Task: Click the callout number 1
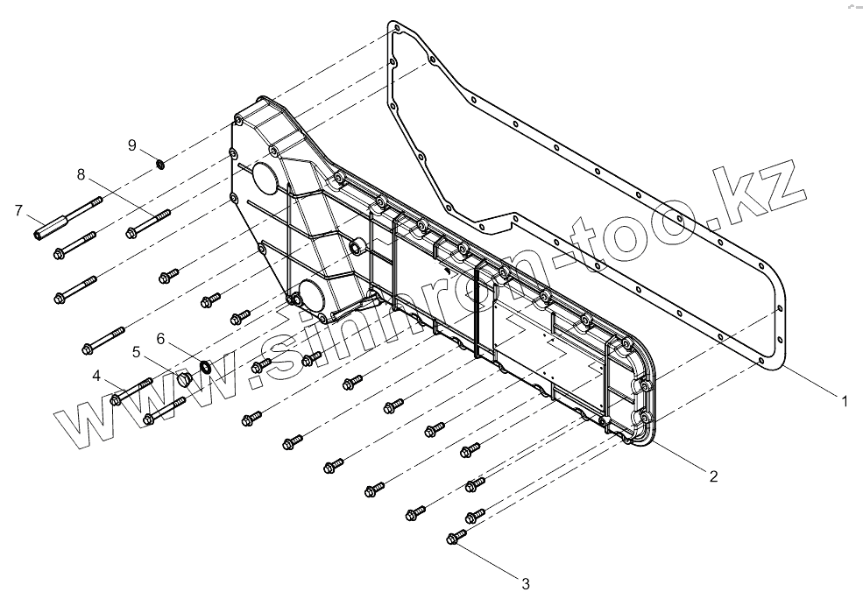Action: click(x=844, y=401)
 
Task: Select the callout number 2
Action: click(x=713, y=476)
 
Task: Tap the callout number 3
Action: click(x=525, y=582)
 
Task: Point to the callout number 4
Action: click(x=97, y=377)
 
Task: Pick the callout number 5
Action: click(x=137, y=352)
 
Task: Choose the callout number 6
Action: click(x=160, y=338)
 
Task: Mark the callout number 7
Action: click(x=18, y=210)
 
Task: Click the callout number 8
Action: click(x=81, y=174)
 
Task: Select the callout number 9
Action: click(x=132, y=144)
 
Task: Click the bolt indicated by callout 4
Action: click(x=131, y=391)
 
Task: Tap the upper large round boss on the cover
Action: click(x=264, y=179)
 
